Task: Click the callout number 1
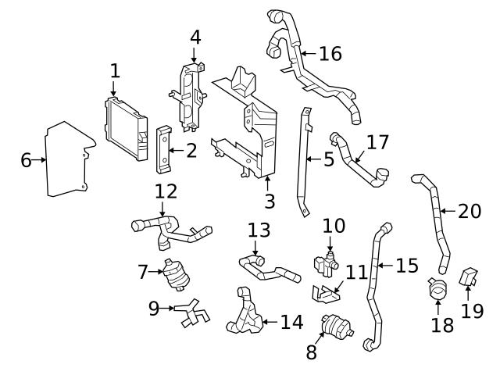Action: click(115, 70)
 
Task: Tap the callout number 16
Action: click(330, 53)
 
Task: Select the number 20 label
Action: click(470, 211)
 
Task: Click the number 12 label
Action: click(166, 191)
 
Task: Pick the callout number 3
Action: click(269, 202)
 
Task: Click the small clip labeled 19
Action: click(469, 277)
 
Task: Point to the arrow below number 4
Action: click(195, 54)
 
